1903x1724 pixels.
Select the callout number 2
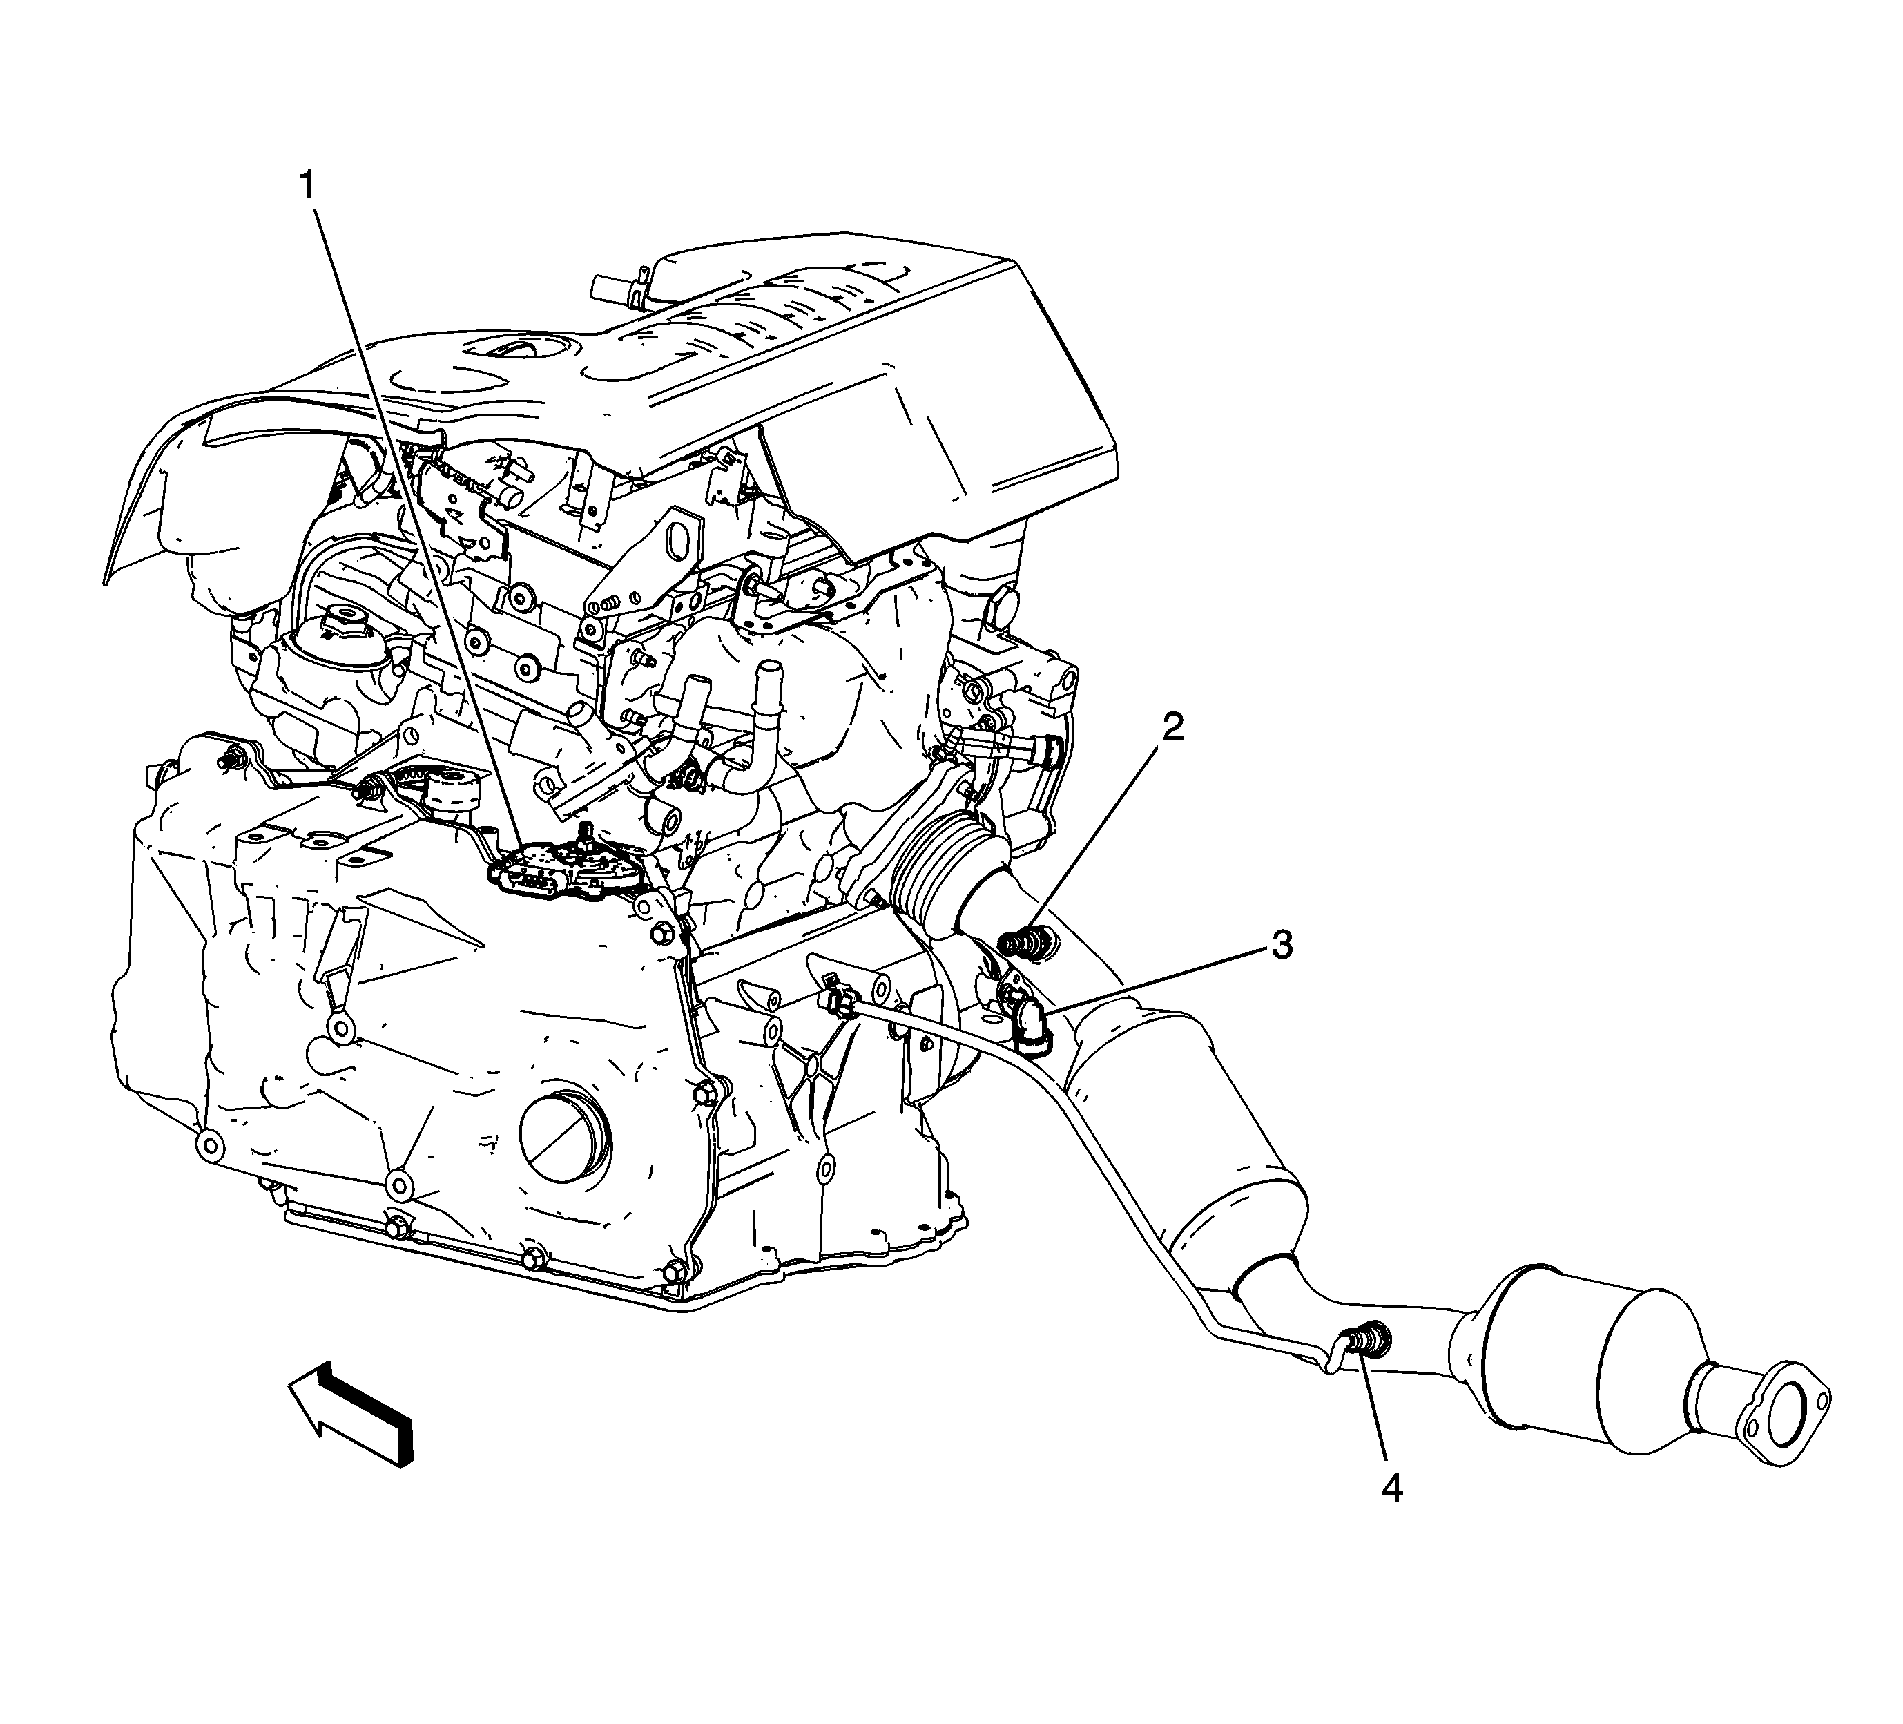[x=1172, y=728]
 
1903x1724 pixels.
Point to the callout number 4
[x=1392, y=1489]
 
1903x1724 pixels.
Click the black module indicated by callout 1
[x=568, y=872]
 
